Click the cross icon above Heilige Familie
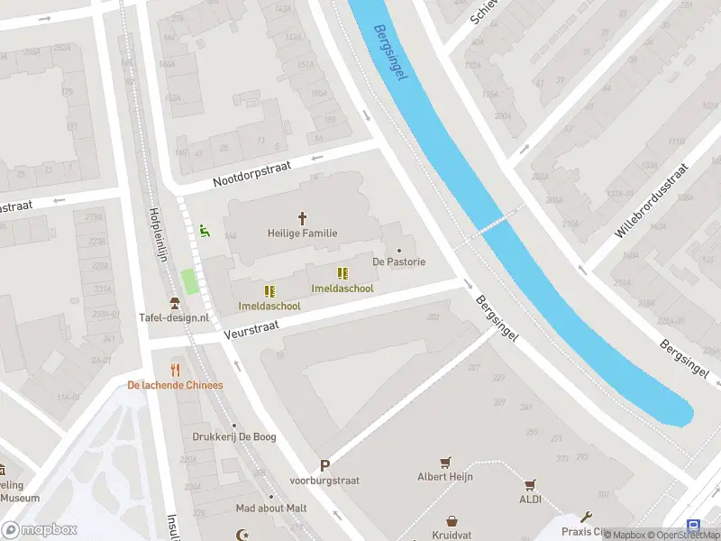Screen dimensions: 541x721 click(x=302, y=218)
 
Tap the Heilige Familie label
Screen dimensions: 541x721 click(x=302, y=233)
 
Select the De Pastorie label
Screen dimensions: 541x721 click(x=398, y=261)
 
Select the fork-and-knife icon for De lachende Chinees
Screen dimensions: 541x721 click(x=175, y=370)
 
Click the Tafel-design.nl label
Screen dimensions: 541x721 click(x=174, y=317)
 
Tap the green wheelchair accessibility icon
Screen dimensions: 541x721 click(x=205, y=231)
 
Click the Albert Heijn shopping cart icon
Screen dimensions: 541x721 click(x=444, y=462)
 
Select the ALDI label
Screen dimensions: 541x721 click(x=530, y=499)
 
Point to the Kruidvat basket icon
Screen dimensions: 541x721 click(x=452, y=521)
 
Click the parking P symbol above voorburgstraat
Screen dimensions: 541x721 click(x=324, y=466)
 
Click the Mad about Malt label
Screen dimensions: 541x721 click(x=271, y=508)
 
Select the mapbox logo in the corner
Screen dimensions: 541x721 click(x=40, y=529)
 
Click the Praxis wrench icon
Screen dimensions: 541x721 click(x=586, y=518)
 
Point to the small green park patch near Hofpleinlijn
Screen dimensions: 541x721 click(x=189, y=280)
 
